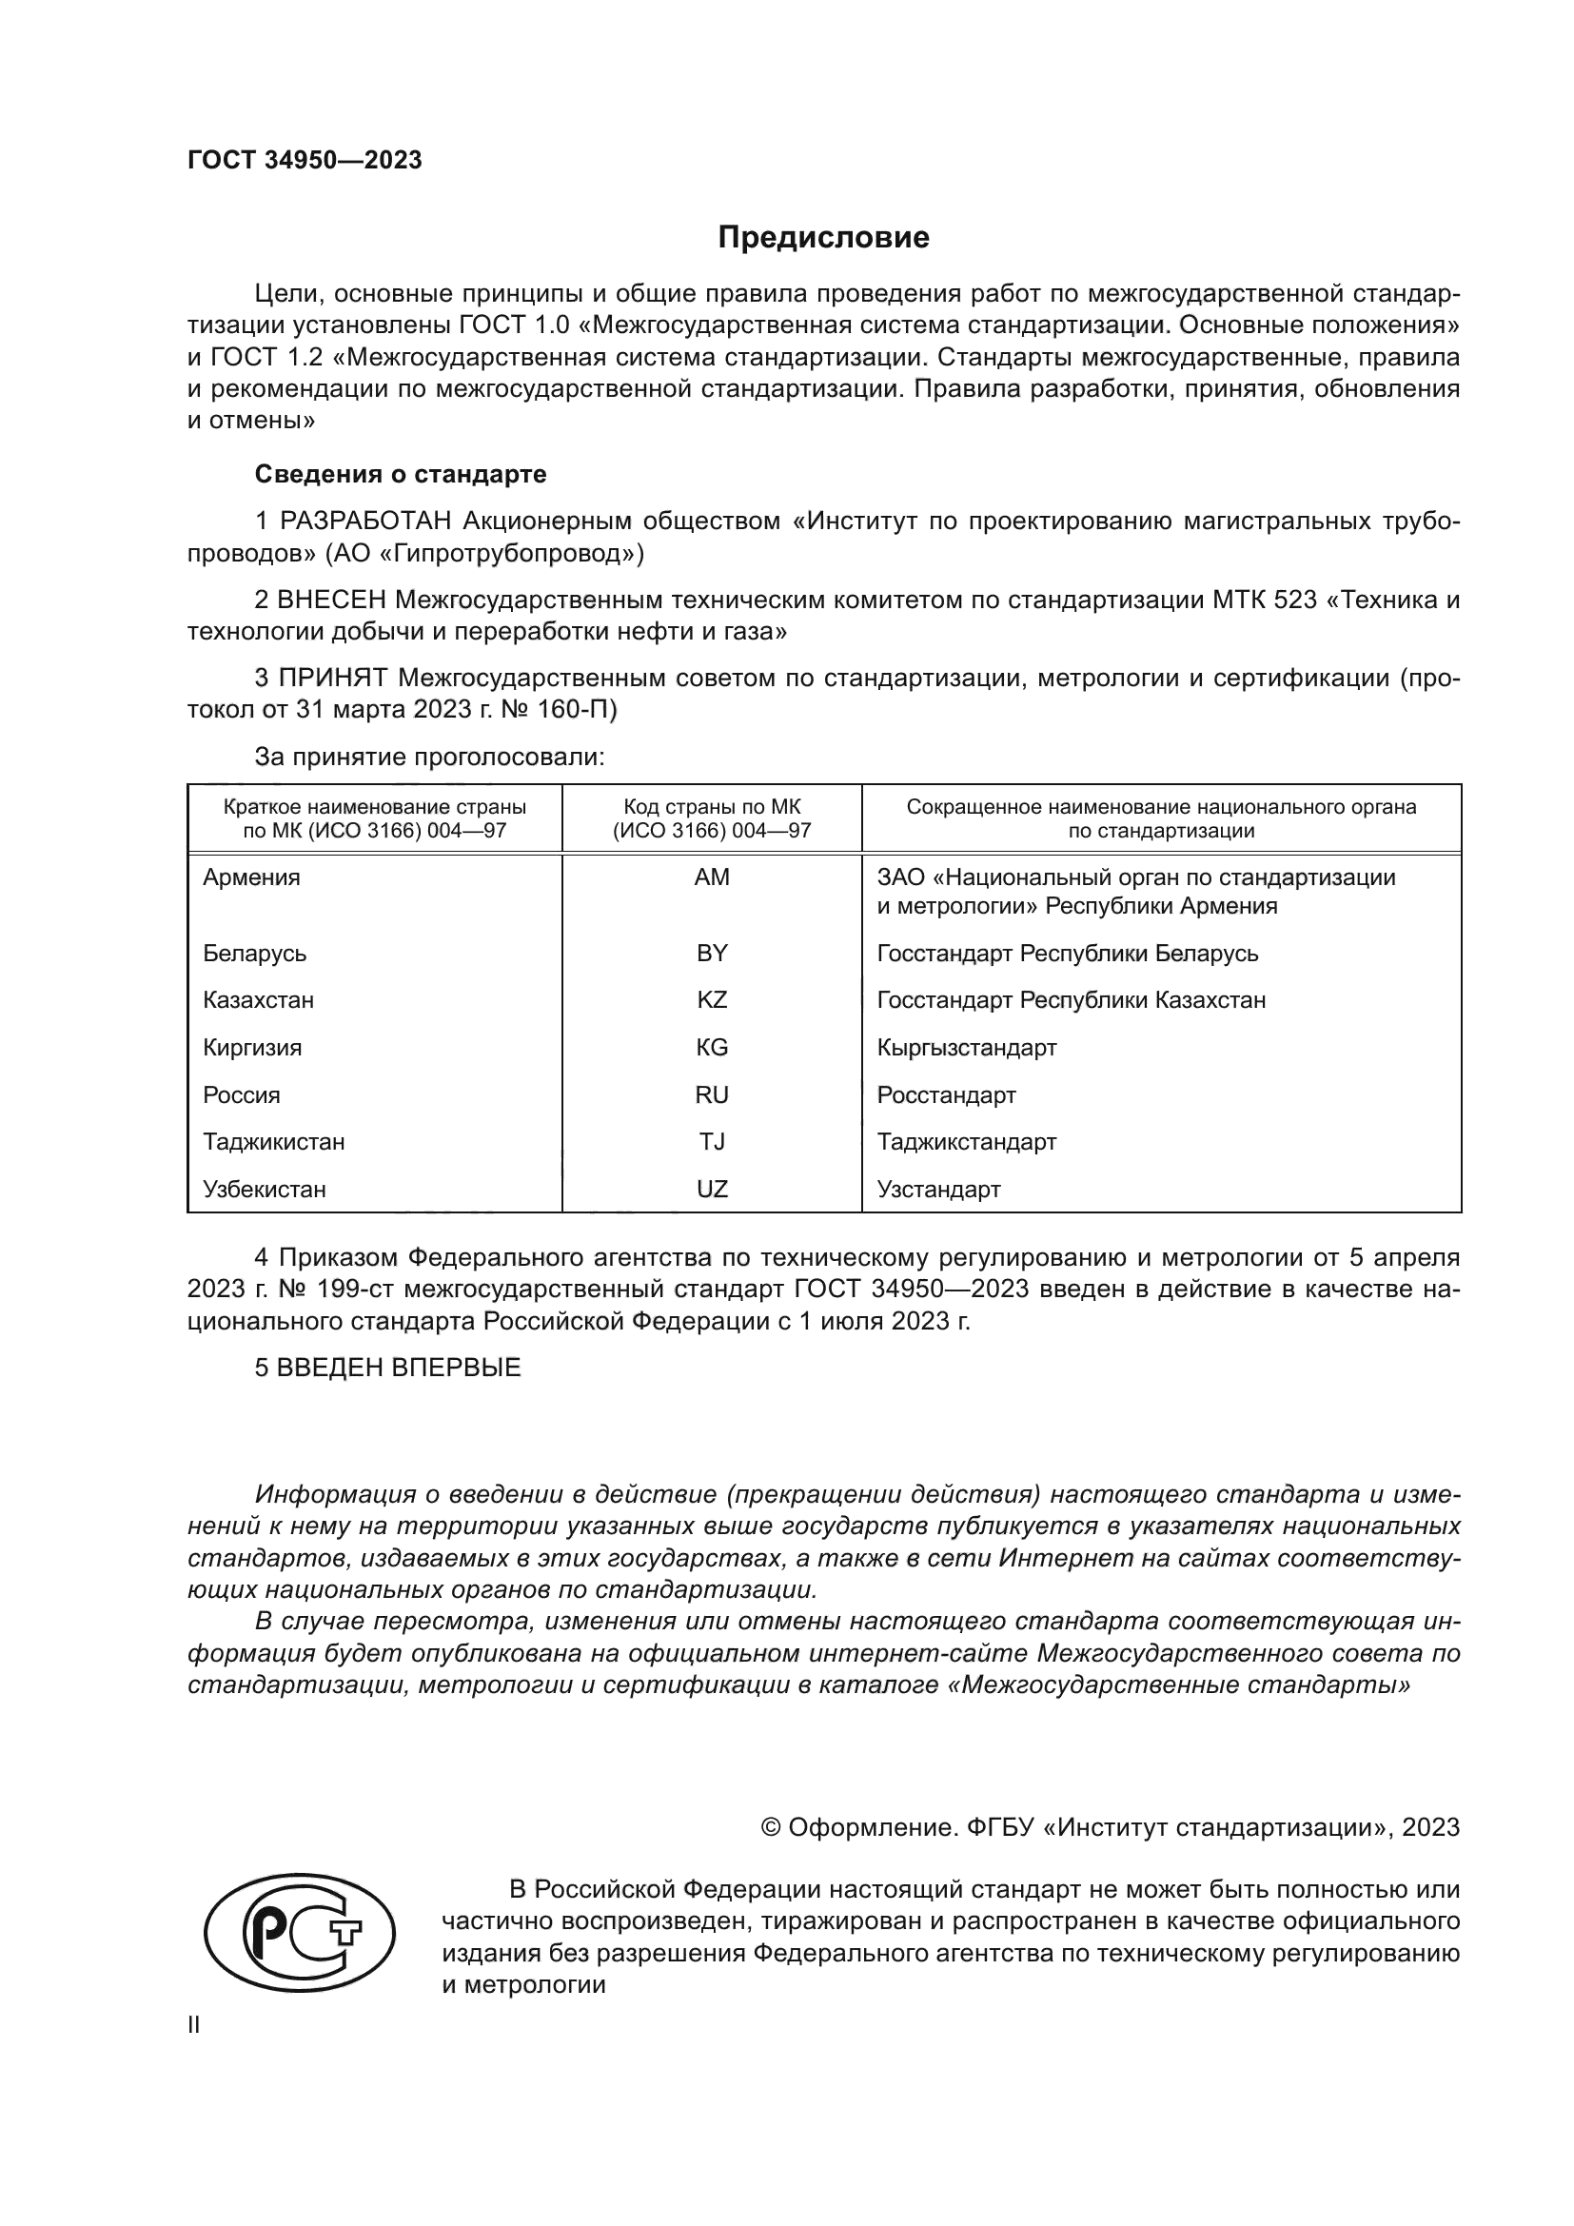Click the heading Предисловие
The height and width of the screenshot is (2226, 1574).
pyautogui.click(x=823, y=238)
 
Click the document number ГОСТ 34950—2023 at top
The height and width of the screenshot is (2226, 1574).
pyautogui.click(x=305, y=160)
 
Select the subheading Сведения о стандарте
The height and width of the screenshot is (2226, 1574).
pyautogui.click(x=401, y=474)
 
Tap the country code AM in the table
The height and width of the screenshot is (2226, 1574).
pyautogui.click(x=712, y=877)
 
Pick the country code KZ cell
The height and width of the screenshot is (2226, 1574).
pyautogui.click(x=712, y=999)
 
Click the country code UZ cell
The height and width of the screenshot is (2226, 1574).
pyautogui.click(x=712, y=1189)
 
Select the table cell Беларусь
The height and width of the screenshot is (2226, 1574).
pyautogui.click(x=254, y=953)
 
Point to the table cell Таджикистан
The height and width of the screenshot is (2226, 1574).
pyautogui.click(x=273, y=1141)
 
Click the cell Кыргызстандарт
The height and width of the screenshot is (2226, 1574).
pyautogui.click(x=966, y=1047)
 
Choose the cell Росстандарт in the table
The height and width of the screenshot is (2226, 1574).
pyautogui.click(x=946, y=1094)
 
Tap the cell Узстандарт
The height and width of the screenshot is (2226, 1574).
pyautogui.click(x=938, y=1189)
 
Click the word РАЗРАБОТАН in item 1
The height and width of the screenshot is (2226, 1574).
pyautogui.click(x=365, y=522)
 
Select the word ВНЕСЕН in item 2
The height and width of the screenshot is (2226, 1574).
pyautogui.click(x=331, y=601)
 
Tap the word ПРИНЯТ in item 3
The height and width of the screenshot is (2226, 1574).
pyautogui.click(x=333, y=678)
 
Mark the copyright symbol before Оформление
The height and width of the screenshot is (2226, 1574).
pyautogui.click(x=771, y=1827)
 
